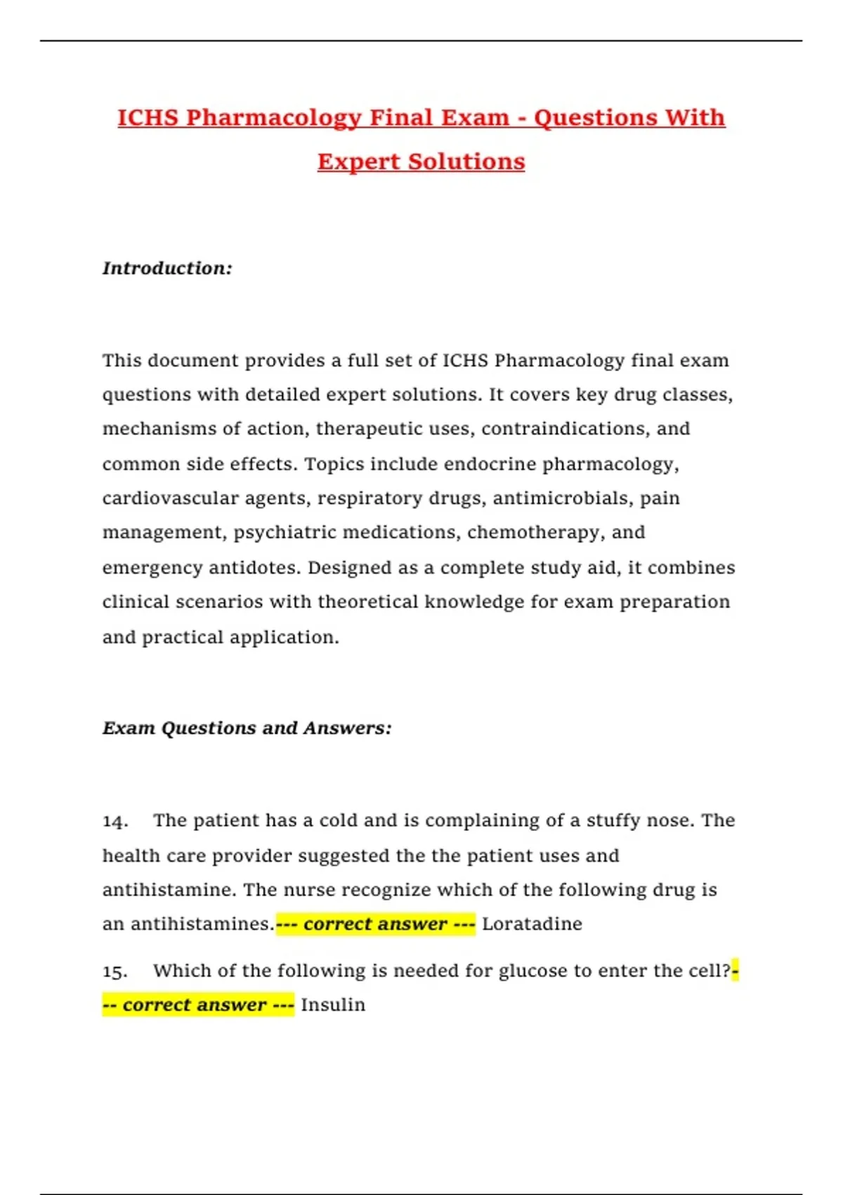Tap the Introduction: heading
tap(167, 268)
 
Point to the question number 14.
tap(115, 821)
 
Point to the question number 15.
tap(115, 971)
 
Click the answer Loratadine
tap(532, 924)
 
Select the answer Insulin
tap(333, 1005)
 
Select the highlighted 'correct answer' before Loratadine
tap(376, 924)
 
